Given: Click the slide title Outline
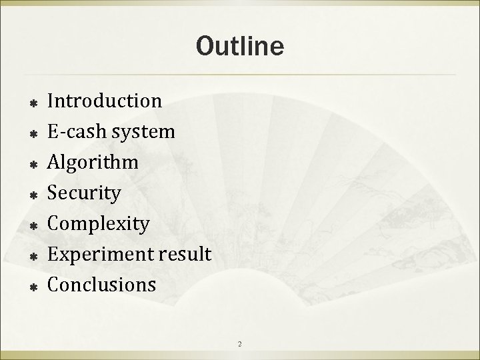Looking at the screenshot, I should (x=240, y=46).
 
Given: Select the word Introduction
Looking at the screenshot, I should (x=105, y=101).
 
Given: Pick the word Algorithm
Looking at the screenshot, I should (x=93, y=163).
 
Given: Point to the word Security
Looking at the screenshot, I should (x=84, y=193).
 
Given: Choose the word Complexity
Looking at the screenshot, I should (x=99, y=224).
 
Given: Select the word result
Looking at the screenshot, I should (x=189, y=254).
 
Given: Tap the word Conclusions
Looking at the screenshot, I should (x=102, y=285).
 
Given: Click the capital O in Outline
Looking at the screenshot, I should (x=204, y=46).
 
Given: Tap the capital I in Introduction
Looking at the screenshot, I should (x=52, y=101).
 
